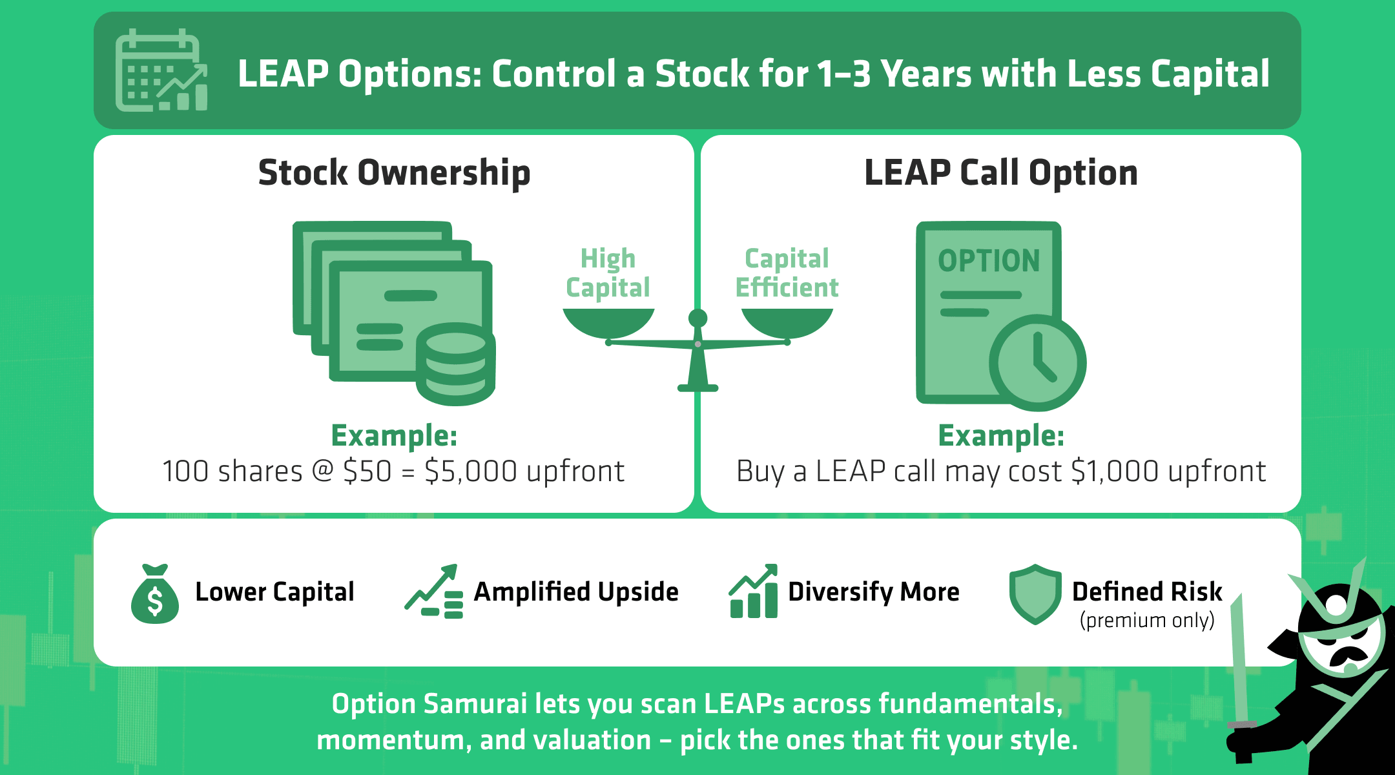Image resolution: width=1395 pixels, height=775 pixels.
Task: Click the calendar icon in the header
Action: [161, 70]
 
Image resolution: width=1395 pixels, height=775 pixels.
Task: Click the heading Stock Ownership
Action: [394, 173]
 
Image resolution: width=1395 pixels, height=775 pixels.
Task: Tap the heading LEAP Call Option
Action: [1000, 173]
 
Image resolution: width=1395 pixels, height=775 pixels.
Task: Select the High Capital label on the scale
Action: [608, 273]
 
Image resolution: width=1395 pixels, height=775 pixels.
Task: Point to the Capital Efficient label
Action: [787, 273]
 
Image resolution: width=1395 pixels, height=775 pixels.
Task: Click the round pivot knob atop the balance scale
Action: [697, 318]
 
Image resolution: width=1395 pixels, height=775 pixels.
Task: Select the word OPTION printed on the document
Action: [989, 261]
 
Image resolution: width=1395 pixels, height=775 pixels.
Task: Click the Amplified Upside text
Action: [575, 592]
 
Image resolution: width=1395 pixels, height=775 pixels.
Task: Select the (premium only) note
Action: [1147, 621]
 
